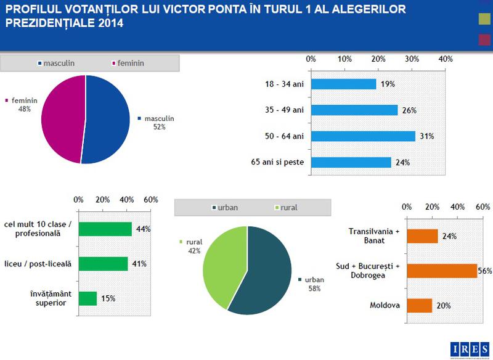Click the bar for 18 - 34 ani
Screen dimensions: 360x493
coord(344,84)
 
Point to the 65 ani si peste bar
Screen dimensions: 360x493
coord(351,163)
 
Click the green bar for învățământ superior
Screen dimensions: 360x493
coord(88,298)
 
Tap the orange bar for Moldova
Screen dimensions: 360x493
coord(420,305)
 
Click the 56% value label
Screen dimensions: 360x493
coord(486,271)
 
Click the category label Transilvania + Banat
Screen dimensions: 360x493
coord(374,236)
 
